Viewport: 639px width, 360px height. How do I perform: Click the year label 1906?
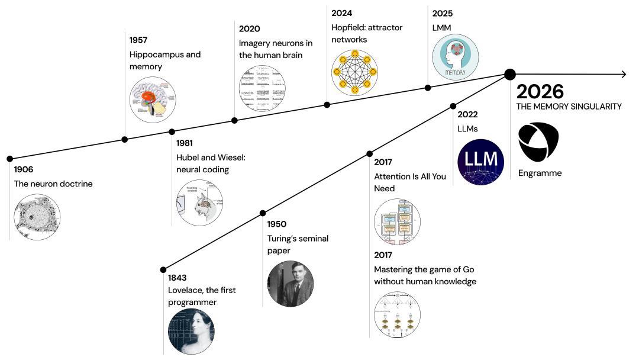(x=24, y=170)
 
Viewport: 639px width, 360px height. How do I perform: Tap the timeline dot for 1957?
(x=124, y=140)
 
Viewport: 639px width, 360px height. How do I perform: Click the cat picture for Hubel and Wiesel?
(x=200, y=203)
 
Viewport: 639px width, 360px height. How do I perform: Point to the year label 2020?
(x=249, y=28)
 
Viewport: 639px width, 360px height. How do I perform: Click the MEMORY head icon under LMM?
(x=455, y=57)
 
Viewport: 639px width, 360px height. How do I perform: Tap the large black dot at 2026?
(x=509, y=74)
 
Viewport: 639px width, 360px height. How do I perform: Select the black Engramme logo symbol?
(x=538, y=141)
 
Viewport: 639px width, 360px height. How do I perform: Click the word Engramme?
(x=540, y=173)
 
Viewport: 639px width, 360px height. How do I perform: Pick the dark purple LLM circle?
(x=480, y=162)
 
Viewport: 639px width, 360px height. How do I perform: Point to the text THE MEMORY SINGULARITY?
(x=569, y=107)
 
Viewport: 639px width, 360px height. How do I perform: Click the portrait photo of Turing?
(x=290, y=284)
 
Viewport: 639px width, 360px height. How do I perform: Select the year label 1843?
(x=178, y=278)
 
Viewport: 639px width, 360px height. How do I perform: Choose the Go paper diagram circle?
(x=397, y=315)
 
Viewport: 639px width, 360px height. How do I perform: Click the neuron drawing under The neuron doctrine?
(x=37, y=216)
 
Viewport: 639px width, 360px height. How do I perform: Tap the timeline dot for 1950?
(x=263, y=213)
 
